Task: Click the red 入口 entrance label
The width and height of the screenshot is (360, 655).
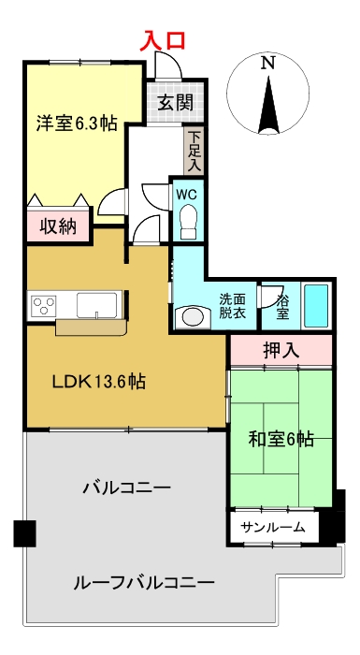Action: pos(162,41)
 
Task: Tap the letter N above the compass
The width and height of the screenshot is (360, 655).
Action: pos(267,63)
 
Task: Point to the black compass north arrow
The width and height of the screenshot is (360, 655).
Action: pos(268,104)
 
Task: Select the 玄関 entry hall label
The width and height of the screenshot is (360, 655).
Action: pos(176,102)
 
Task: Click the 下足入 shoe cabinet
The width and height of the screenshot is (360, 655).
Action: pos(194,151)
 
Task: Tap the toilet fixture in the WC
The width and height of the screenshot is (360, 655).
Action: pos(189,222)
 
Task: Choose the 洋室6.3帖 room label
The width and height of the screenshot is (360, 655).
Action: pos(77,123)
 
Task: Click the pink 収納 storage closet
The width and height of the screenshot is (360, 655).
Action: pos(59,226)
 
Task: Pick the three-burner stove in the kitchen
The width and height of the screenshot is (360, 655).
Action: pos(42,305)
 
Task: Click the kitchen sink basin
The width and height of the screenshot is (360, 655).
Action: pos(96,305)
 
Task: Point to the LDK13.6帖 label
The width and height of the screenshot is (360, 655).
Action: pos(98,381)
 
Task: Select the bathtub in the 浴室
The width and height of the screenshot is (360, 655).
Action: pos(316,306)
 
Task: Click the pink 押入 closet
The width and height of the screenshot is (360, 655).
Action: pos(281,350)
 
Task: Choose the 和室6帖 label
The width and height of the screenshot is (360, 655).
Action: pos(281,440)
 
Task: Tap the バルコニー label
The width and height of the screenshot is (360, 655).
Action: pos(127,488)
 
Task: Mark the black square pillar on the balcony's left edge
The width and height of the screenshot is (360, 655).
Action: pos(24,533)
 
